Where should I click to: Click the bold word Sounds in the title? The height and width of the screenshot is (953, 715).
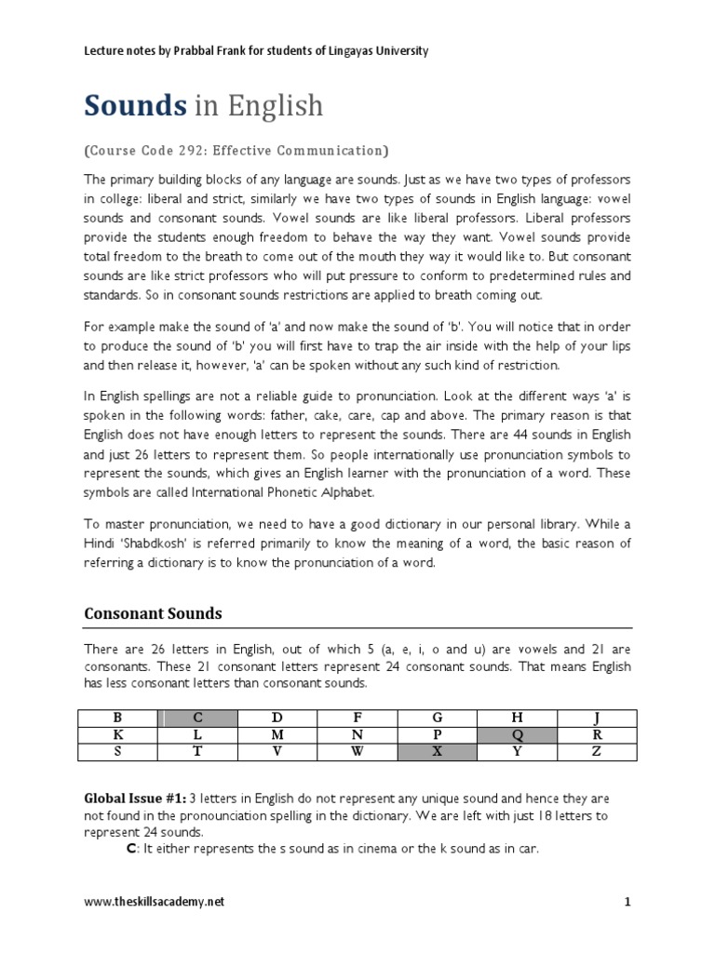click(136, 107)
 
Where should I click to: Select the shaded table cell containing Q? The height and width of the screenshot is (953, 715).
click(517, 733)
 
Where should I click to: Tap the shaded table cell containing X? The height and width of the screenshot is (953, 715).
click(437, 751)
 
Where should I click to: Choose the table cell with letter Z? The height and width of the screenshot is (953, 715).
click(596, 751)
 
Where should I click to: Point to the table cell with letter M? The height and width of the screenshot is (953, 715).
click(278, 733)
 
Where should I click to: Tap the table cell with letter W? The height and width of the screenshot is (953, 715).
click(357, 751)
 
